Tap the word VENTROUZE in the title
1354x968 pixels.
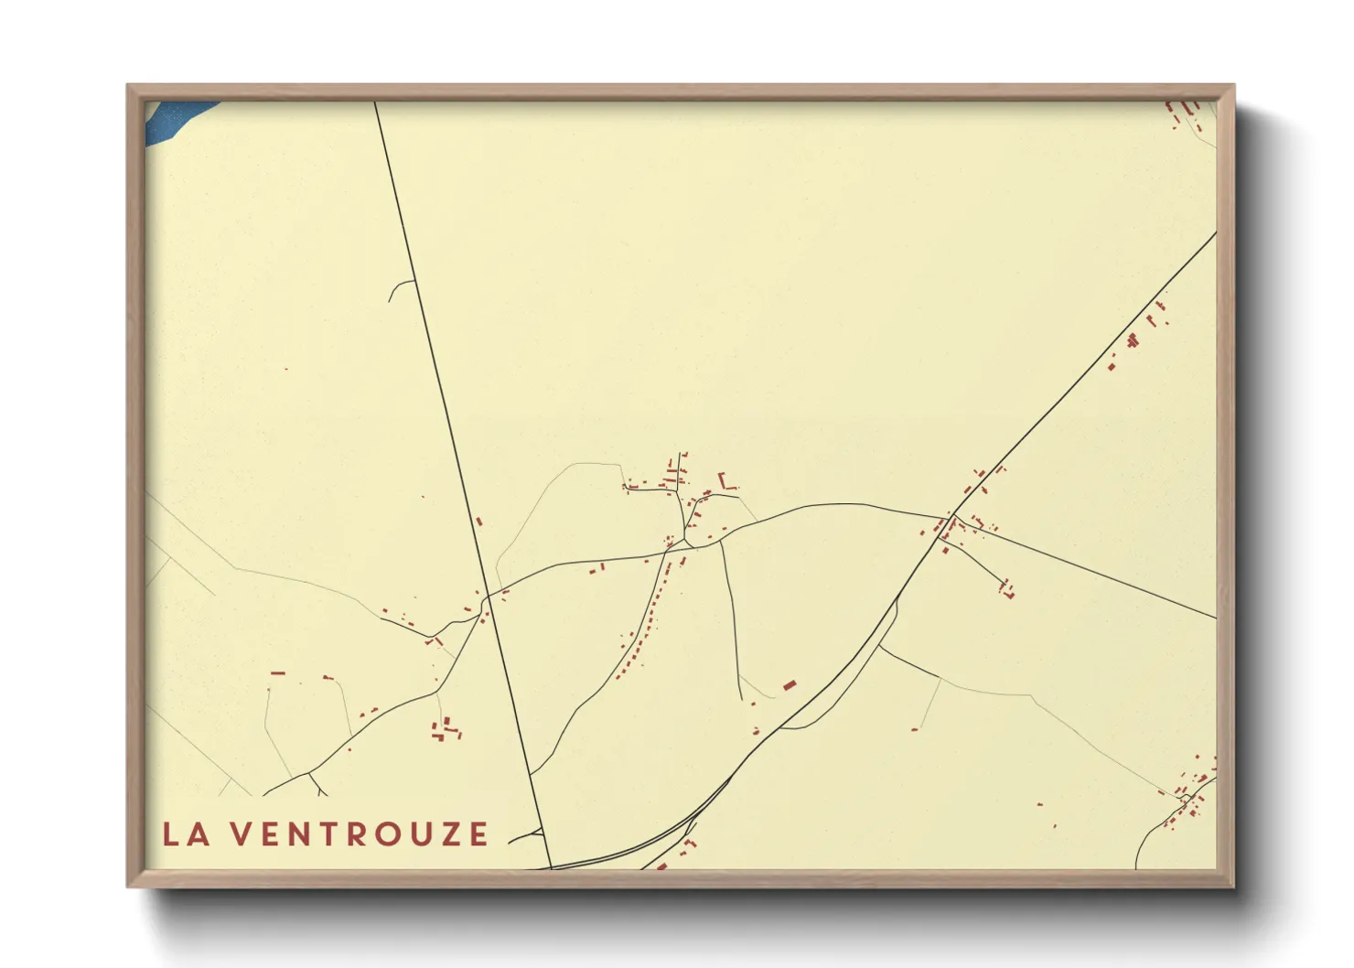358,834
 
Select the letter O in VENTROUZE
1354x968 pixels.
385,834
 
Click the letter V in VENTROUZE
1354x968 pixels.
239,834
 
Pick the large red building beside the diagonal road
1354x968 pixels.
790,684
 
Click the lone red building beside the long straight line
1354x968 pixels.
478,522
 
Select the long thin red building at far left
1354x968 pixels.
278,673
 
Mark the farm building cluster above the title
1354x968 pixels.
446,729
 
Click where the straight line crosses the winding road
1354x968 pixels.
487,596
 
